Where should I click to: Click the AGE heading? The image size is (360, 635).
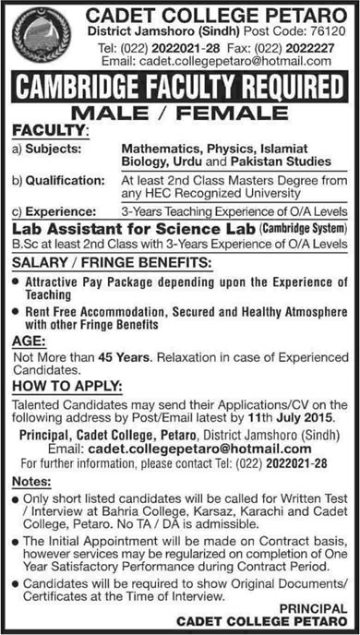pos(27,337)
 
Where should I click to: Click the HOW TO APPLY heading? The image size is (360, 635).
pos(61,386)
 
